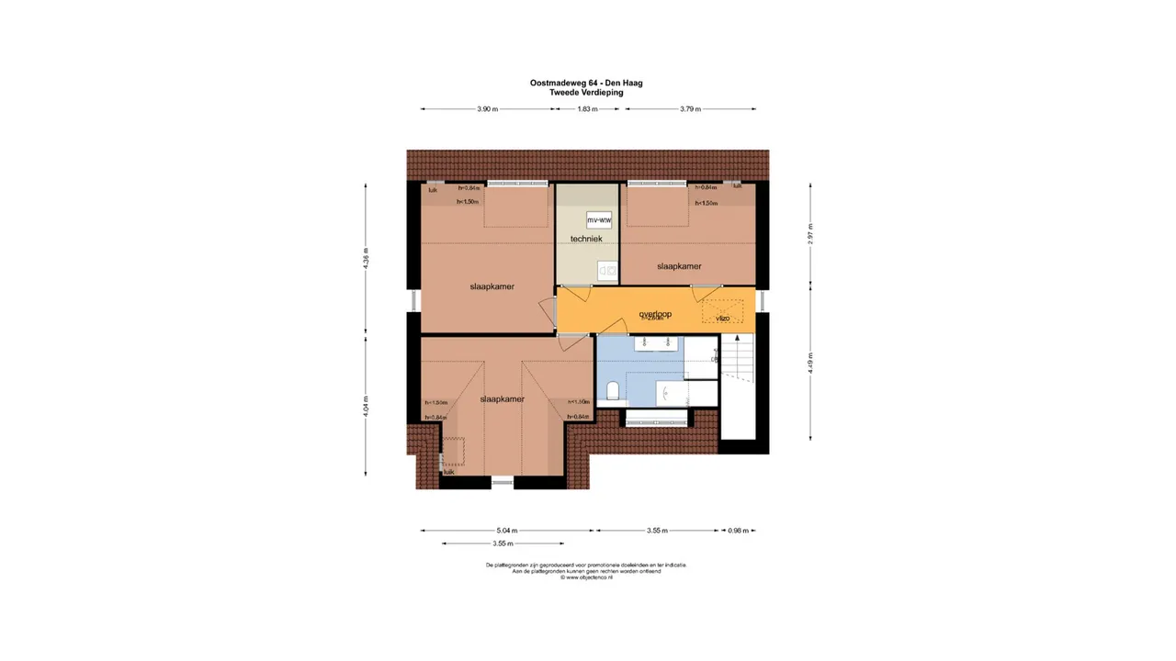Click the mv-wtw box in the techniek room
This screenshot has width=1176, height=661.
[599, 220]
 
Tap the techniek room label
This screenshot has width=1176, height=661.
[586, 240]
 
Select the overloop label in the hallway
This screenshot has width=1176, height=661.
[655, 314]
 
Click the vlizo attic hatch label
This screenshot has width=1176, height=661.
[722, 318]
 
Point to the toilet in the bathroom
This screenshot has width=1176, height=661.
[613, 393]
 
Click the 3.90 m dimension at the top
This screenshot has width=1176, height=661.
[487, 109]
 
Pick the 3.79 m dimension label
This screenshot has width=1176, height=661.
[690, 109]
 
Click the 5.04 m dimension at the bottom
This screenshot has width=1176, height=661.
[506, 531]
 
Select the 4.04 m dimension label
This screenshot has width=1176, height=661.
[366, 407]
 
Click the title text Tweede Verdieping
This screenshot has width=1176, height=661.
[586, 93]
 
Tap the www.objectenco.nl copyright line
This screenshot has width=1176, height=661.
[586, 577]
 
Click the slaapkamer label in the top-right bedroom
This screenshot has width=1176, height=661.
[679, 266]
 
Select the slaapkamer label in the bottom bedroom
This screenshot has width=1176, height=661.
[502, 399]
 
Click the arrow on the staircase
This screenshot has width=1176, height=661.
[734, 357]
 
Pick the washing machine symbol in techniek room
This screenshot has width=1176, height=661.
[606, 269]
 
